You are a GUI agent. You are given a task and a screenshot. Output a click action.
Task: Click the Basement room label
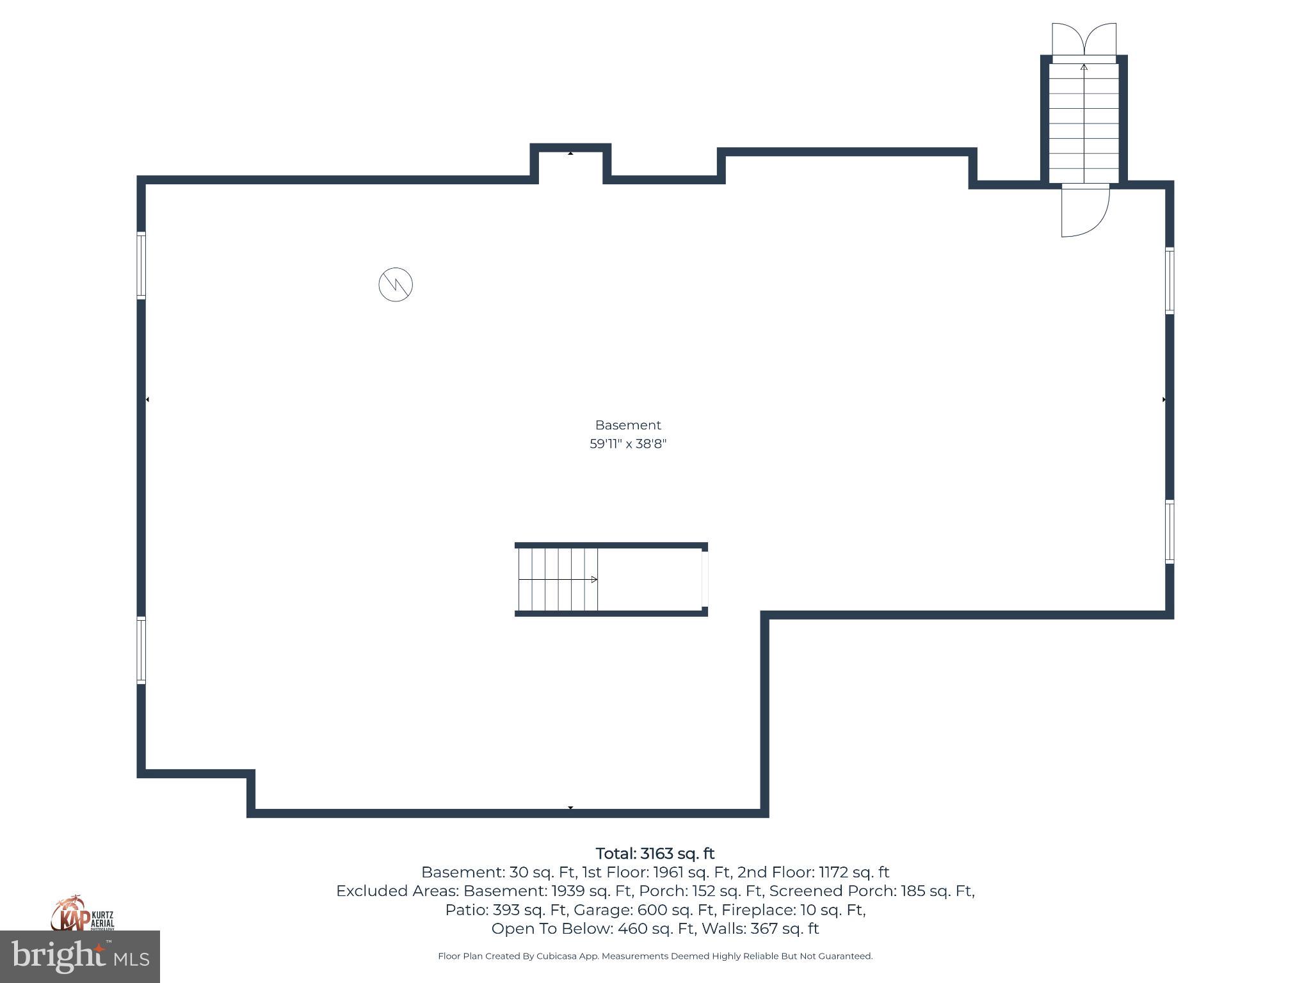pos(628,425)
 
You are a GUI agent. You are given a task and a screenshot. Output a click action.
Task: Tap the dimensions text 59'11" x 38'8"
pos(628,444)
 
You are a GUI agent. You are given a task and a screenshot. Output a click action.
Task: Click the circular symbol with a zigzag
pos(396,285)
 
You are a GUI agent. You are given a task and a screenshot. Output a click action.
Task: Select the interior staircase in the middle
pos(558,579)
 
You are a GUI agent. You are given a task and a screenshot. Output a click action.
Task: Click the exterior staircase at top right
pos(1084,122)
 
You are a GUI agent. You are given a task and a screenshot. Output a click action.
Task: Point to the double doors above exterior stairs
pos(1084,40)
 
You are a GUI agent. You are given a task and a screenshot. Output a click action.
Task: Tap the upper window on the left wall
pos(141,265)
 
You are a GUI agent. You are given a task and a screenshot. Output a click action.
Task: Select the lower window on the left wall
pos(141,650)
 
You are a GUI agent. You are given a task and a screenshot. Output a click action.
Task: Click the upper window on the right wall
pos(1169,280)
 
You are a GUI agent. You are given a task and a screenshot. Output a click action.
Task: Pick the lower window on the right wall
pos(1169,531)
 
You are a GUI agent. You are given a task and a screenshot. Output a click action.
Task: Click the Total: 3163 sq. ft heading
pos(655,854)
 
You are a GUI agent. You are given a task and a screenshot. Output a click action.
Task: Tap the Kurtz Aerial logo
pos(82,914)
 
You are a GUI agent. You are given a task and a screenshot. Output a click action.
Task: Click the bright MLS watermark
pos(79,957)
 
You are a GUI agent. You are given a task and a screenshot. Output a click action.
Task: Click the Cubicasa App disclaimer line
pos(655,956)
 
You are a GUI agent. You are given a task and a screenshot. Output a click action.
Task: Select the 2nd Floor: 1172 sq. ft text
pos(813,872)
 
